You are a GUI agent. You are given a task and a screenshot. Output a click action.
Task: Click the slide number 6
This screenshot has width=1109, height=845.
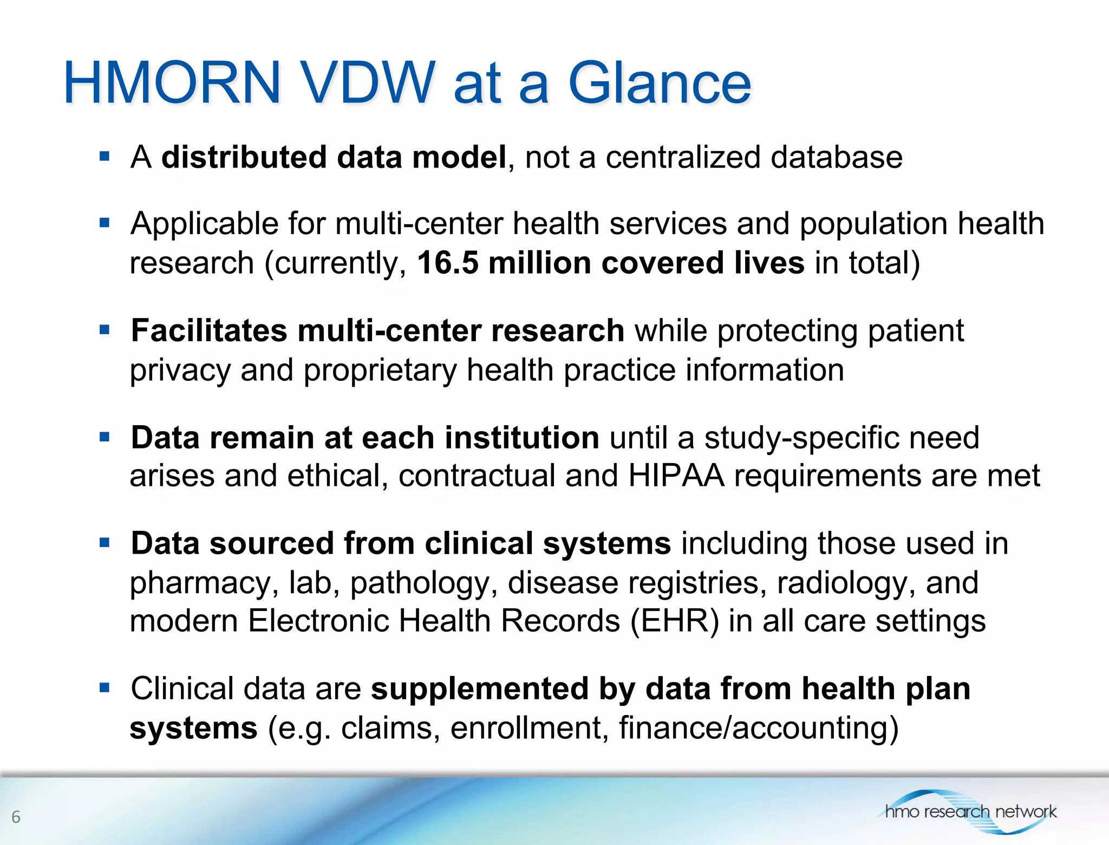coord(16,816)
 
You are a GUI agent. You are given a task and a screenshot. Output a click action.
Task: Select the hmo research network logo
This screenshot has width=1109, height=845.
coord(970,811)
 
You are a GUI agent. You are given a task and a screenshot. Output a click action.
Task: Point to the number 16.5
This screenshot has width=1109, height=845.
coord(447,263)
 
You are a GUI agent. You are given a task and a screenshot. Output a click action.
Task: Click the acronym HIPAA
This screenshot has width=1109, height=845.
coord(676,476)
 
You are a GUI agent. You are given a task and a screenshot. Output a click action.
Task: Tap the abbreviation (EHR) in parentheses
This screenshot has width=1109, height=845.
coord(675,621)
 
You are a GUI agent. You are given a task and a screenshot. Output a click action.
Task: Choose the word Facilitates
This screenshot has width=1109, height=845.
coord(208,330)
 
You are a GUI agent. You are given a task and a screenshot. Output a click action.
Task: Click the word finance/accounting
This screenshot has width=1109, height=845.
coord(758,727)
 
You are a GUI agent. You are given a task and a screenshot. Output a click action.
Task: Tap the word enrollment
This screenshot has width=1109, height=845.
coord(526,727)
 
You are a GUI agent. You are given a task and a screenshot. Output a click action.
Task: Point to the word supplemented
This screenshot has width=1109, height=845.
coord(479,689)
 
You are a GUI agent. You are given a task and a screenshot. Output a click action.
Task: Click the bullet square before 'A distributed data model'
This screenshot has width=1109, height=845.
coord(105,157)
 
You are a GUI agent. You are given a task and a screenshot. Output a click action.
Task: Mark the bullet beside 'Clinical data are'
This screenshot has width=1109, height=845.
coord(105,688)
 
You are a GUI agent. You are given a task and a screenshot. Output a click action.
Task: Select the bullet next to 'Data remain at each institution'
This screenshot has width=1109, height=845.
coord(105,437)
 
